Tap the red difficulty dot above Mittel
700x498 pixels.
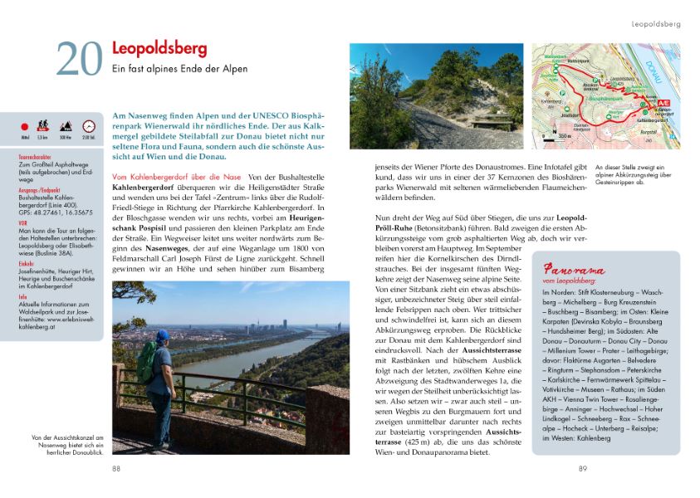point(23,127)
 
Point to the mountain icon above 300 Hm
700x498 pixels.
point(66,126)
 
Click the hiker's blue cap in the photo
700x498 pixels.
point(164,335)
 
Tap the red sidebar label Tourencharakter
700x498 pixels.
point(35,154)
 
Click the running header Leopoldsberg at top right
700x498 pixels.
point(655,24)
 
